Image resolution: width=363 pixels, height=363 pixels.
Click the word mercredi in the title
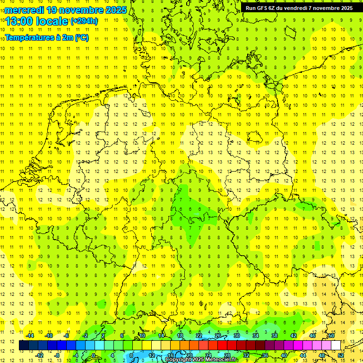point(25,10)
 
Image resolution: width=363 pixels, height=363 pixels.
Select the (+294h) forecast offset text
point(84,21)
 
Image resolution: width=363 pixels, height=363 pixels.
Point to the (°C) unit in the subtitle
point(81,38)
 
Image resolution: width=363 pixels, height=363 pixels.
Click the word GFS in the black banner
point(262,8)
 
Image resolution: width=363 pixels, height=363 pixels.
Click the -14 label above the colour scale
point(30,336)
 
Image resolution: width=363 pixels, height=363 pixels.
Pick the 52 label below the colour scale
point(341,355)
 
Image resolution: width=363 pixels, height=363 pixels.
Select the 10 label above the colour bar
point(142,336)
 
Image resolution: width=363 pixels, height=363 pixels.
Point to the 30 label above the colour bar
point(237,336)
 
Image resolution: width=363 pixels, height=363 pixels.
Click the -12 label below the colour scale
point(40,355)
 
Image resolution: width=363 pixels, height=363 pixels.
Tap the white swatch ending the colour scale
point(336,345)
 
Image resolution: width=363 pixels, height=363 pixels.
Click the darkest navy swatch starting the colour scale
point(24,345)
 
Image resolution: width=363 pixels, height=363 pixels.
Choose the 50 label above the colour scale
point(331,336)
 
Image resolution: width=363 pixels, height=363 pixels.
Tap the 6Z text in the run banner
point(274,8)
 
